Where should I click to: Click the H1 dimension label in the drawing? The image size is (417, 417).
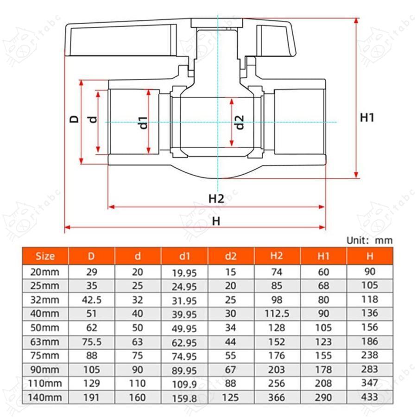367,118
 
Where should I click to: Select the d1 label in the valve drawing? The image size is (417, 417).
143,122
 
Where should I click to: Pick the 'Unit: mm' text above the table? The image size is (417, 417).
369,240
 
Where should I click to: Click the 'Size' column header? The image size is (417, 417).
45,256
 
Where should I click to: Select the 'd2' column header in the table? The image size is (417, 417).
231,256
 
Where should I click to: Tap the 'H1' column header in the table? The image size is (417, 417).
323,256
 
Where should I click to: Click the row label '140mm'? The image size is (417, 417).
45,398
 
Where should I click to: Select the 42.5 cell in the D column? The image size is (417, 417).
92,300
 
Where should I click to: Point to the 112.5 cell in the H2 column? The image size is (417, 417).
277,314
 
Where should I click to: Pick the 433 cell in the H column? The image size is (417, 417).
370,397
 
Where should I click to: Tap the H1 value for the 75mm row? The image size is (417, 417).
323,356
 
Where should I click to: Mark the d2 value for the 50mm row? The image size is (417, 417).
231,328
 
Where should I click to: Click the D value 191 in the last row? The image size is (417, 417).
92,398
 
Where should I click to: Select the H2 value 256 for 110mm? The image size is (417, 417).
277,384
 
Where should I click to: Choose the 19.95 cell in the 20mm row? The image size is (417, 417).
184,273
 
